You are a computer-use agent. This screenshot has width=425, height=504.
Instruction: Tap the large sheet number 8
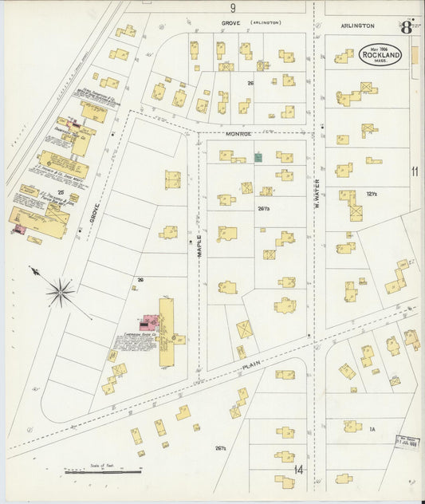pos(407,27)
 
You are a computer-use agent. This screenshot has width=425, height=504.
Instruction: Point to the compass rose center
pos(61,293)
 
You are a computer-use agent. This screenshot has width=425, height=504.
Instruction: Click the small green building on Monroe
pos(258,157)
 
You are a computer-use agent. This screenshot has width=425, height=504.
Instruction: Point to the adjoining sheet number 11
pos(415,171)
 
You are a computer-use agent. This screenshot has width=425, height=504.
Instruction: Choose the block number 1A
pos(372,429)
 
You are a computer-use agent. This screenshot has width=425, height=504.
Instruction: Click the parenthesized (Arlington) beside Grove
pos(267,23)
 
